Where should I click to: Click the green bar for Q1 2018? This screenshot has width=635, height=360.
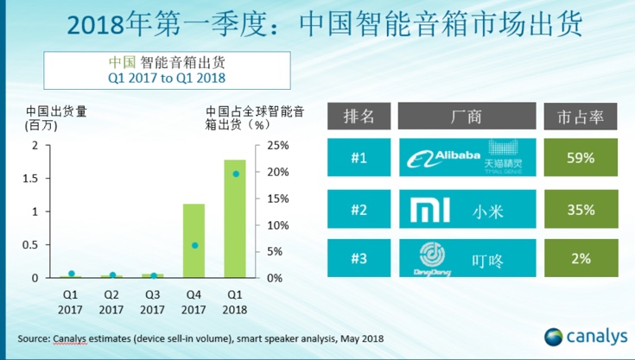235,219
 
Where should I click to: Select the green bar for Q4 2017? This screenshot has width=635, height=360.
194,241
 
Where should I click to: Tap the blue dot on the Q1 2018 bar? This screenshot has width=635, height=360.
235,174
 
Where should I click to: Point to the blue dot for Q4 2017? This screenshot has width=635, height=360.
194,245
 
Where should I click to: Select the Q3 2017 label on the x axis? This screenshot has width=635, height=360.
152,299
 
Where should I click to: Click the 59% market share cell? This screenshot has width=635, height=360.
580,158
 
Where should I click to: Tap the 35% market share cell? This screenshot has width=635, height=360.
580,209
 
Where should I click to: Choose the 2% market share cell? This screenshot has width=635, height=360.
580,259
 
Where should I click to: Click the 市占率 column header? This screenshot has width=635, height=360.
580,115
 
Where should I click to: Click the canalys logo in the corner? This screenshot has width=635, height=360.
583,336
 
